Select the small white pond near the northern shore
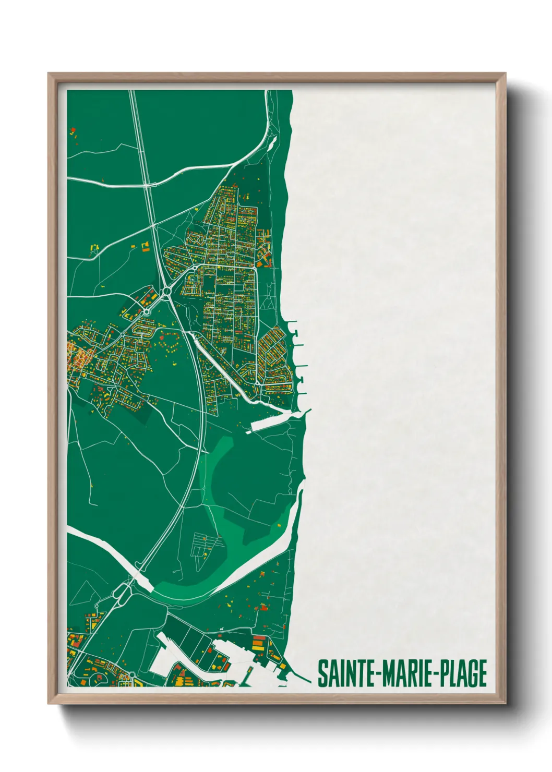(271, 143)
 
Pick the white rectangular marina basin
(269, 423)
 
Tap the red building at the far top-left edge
(73, 129)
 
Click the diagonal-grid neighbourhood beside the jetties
(274, 360)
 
